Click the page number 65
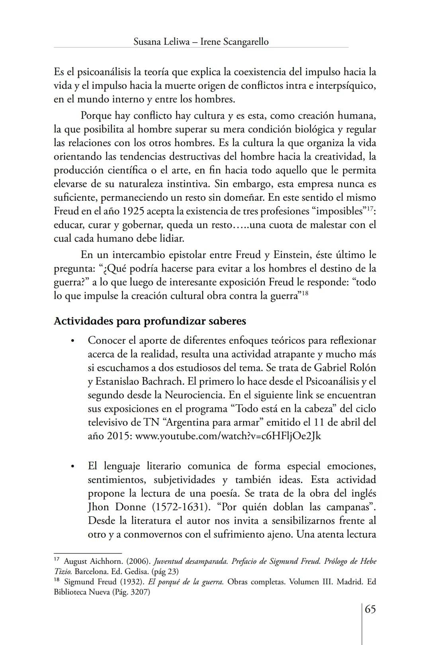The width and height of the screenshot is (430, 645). point(370,610)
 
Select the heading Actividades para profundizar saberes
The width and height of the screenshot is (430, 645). point(150,321)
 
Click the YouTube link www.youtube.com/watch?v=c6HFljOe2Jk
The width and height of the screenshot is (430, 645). point(228,436)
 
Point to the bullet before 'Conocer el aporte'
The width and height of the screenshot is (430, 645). point(72,341)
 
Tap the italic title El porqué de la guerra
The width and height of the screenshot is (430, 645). point(186,582)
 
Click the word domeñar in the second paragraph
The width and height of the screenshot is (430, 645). point(246,197)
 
